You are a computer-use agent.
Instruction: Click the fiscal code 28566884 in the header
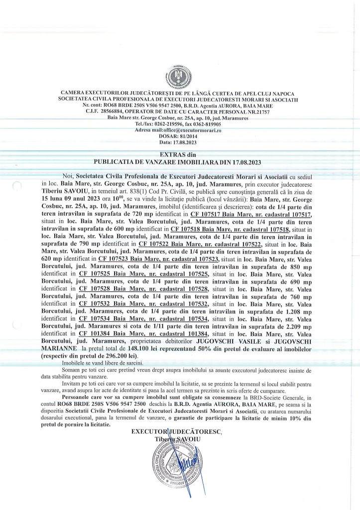123,112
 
